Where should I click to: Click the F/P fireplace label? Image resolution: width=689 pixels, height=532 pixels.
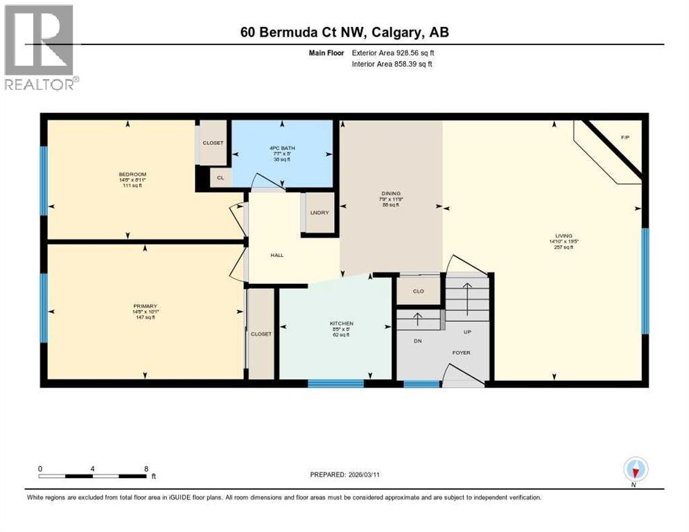tap(625, 138)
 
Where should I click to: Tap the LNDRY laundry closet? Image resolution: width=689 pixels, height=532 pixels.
tap(320, 213)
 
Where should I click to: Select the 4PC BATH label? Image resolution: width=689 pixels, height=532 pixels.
tap(281, 148)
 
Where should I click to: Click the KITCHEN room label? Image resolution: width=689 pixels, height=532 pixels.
tap(342, 323)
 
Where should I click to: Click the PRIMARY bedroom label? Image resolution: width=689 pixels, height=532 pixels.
tap(146, 305)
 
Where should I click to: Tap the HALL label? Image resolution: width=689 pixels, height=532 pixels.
tap(277, 255)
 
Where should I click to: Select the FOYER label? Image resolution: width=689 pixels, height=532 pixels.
tap(461, 353)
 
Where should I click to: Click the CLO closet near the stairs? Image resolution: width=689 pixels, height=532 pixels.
tap(418, 291)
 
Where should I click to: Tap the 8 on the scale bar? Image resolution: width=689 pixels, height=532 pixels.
tap(146, 468)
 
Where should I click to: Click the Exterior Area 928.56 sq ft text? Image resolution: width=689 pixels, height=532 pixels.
tap(392, 53)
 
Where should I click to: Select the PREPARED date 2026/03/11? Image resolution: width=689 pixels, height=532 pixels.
tap(344, 475)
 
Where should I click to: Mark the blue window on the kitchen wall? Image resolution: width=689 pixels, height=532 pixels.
tap(335, 383)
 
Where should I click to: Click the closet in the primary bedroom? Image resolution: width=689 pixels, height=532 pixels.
tap(261, 333)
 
